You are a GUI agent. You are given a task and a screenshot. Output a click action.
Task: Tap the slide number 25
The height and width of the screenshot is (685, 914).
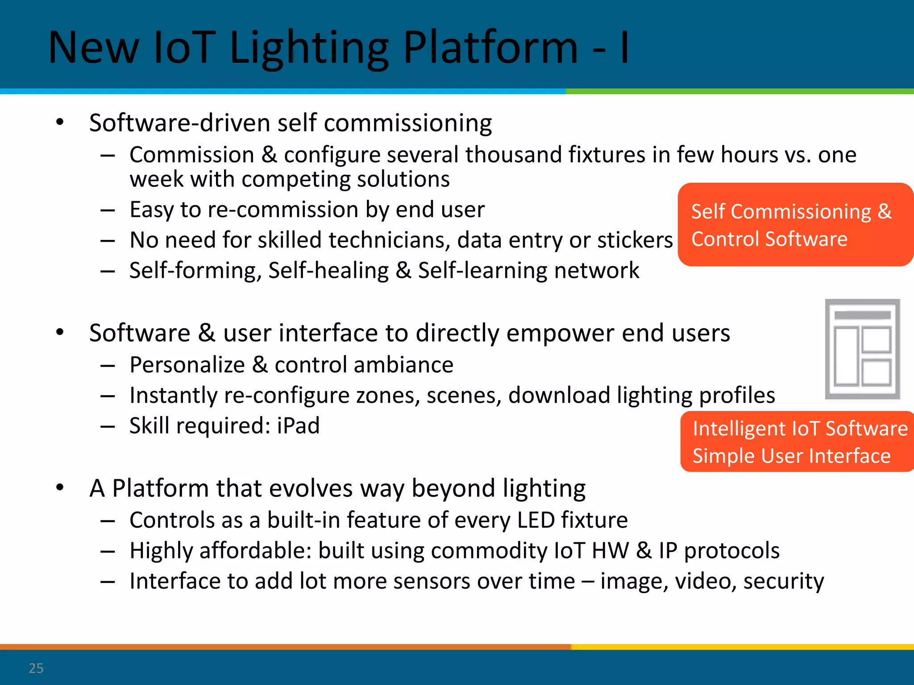click(36, 668)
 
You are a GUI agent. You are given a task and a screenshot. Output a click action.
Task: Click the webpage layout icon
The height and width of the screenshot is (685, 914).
click(862, 349)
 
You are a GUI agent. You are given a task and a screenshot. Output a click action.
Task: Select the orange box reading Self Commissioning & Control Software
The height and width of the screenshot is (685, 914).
click(794, 225)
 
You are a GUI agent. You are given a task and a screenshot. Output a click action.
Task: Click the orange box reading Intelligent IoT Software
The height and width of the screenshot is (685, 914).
click(797, 442)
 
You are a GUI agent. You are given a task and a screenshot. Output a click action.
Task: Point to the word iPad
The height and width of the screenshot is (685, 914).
click(298, 425)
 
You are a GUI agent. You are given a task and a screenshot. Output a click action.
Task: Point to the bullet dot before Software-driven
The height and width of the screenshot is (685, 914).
click(60, 122)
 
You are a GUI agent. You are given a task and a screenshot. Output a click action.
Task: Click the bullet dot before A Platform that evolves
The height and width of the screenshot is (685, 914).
click(60, 487)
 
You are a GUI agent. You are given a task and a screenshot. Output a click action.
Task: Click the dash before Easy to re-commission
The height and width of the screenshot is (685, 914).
click(108, 210)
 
